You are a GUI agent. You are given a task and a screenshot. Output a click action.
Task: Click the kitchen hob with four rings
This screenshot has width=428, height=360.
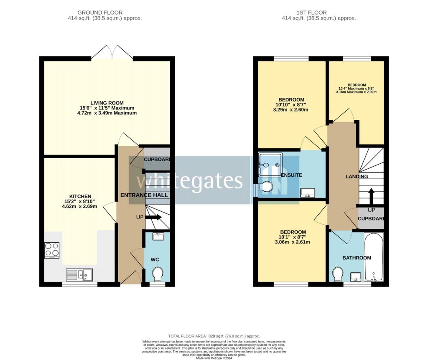(52, 250)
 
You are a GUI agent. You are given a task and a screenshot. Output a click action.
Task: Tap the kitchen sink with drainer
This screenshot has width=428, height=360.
(79, 274)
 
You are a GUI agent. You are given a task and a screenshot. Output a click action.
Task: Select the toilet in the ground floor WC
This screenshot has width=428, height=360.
(157, 274)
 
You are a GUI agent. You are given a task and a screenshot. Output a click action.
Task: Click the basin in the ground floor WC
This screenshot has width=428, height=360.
(158, 236)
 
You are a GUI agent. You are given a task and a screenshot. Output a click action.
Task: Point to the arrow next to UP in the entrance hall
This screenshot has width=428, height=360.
(154, 217)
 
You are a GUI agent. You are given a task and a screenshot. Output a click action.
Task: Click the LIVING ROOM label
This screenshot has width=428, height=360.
(107, 103)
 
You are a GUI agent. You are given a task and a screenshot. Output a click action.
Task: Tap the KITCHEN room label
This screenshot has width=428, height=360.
(80, 196)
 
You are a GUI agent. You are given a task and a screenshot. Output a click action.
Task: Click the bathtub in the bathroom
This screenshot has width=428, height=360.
(373, 257)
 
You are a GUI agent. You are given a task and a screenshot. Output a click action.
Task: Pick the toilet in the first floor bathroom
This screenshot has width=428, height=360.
(338, 274)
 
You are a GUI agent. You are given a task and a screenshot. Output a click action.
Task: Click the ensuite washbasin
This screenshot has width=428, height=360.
(308, 192)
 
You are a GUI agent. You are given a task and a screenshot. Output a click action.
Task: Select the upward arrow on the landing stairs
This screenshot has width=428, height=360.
(370, 196)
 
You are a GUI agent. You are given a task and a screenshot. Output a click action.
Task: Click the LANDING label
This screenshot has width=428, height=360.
(357, 177)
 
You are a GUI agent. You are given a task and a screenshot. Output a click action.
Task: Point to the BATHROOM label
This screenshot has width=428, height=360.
(357, 258)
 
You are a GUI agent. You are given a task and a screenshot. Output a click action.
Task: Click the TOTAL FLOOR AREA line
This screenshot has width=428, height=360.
(214, 336)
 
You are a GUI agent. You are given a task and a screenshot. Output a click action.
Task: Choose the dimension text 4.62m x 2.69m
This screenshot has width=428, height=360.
(79, 206)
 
